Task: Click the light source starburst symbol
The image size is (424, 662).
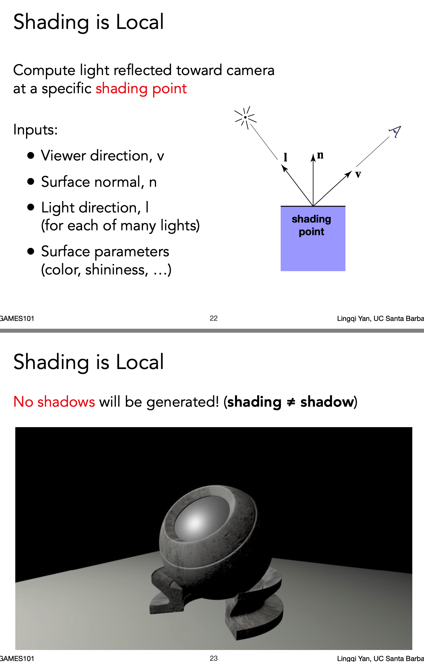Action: coord(245,117)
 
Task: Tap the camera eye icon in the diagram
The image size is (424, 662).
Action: coord(395,131)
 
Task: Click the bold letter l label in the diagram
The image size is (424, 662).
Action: coord(285,157)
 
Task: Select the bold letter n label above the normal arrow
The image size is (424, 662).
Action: coord(320,155)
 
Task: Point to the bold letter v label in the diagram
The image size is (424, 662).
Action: coord(358,174)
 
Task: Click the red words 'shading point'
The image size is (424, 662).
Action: coord(141,88)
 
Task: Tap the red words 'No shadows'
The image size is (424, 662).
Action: coord(54,402)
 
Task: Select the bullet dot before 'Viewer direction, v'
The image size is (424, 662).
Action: coord(31,156)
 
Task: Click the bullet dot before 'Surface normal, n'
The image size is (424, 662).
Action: coord(31,182)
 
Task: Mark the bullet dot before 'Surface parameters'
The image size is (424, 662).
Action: coord(31,251)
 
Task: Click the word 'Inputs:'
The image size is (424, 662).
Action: coord(35,130)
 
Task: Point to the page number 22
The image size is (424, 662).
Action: coord(214,318)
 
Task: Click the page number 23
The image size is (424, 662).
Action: coord(214,658)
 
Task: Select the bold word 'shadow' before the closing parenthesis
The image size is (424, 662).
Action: coord(327,402)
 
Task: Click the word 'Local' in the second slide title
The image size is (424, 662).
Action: coord(140,362)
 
